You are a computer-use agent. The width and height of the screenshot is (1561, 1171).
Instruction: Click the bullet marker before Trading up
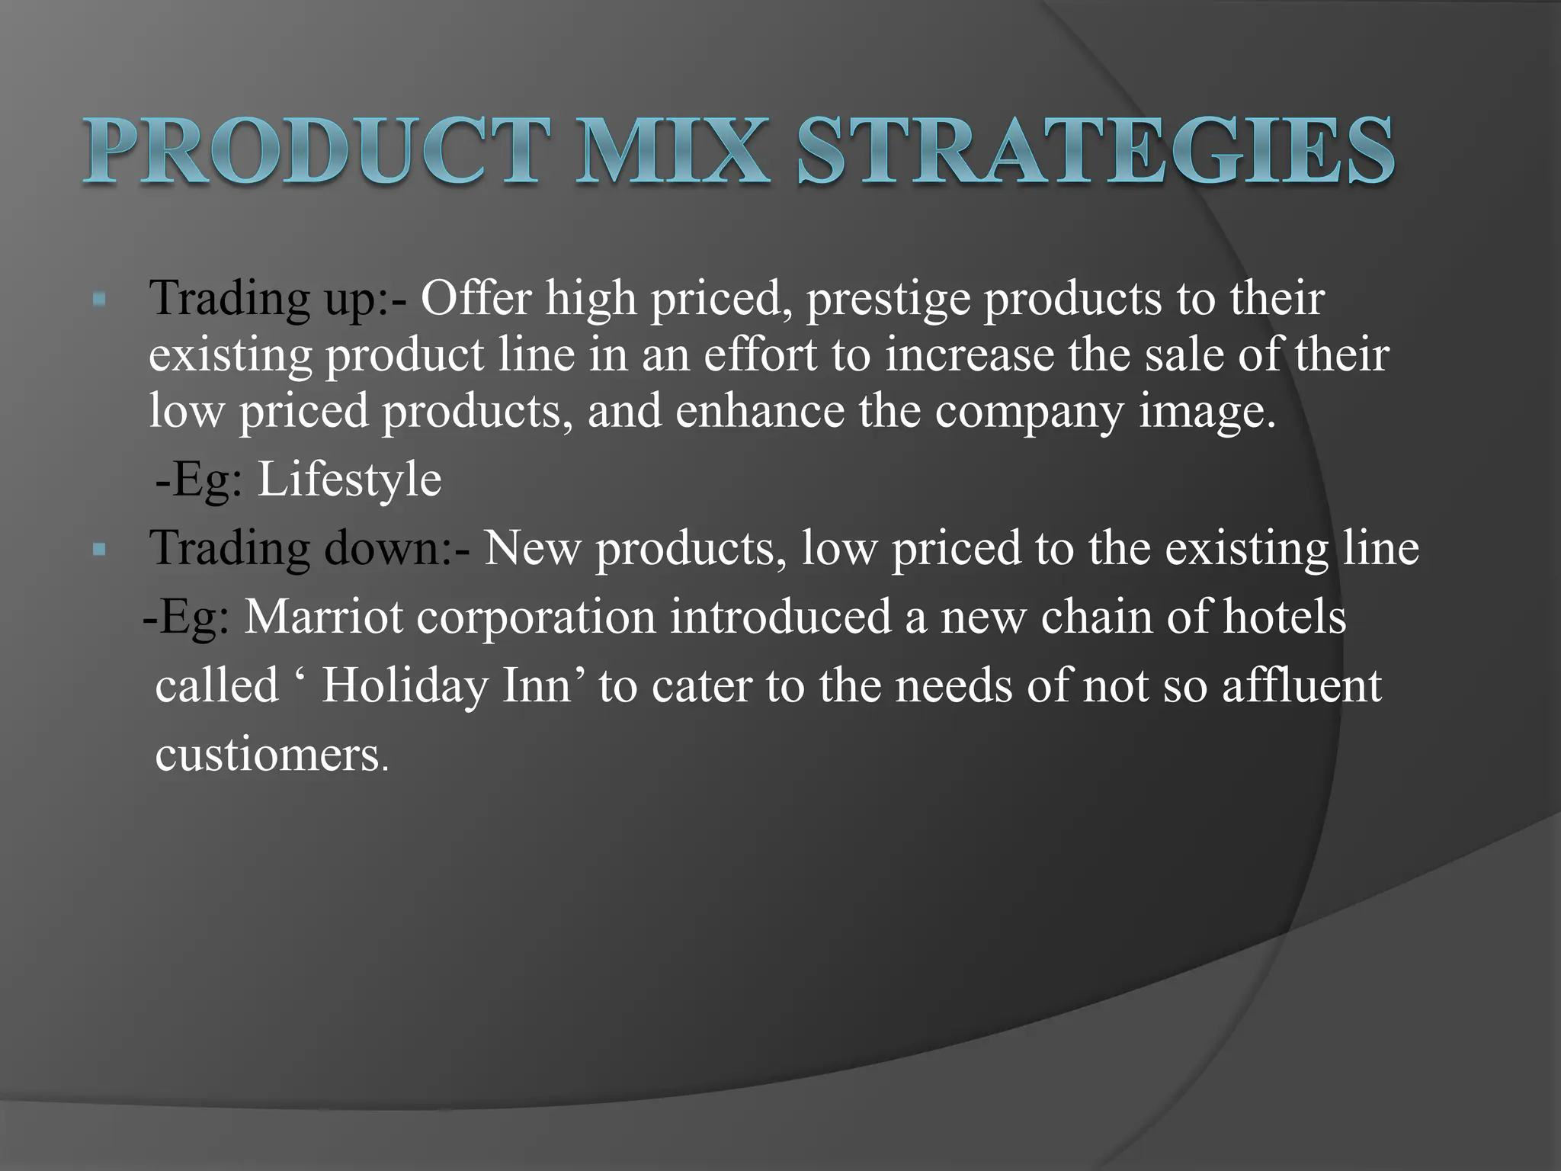tap(98, 300)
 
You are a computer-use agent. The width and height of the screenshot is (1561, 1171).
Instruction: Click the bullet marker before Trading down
tap(98, 549)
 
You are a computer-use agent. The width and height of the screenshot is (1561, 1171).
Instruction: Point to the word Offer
tap(476, 297)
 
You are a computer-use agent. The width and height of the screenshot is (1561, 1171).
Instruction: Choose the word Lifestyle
tap(349, 480)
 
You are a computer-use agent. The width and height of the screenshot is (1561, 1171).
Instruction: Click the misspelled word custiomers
tap(268, 754)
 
